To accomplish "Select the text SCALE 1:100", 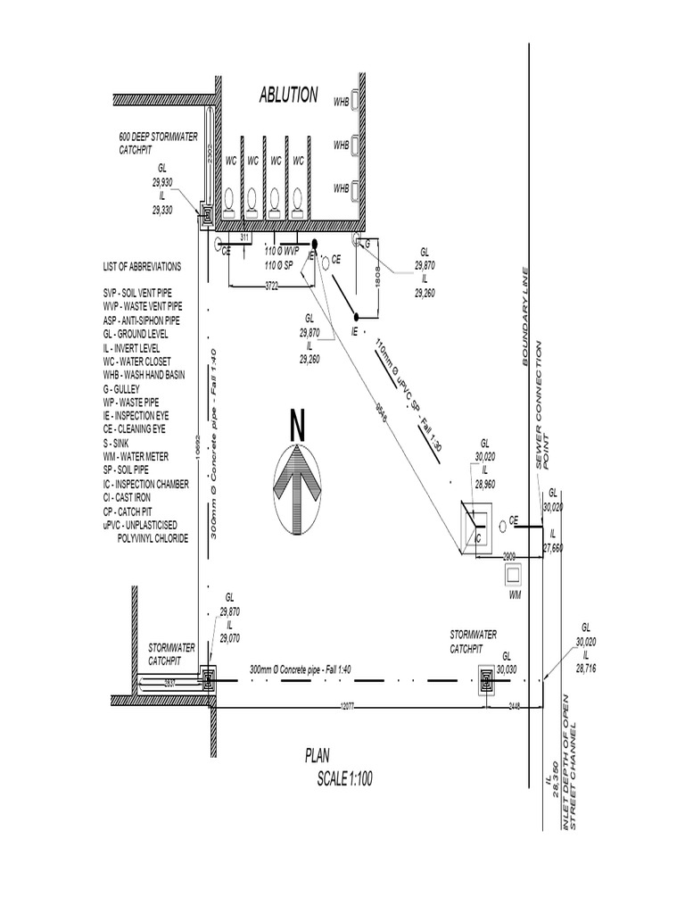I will [x=344, y=779].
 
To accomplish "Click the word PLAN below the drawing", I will [x=318, y=756].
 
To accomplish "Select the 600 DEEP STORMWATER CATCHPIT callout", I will [x=159, y=144].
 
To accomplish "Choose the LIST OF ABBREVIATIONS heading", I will [x=142, y=267].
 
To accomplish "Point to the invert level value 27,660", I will [x=553, y=548].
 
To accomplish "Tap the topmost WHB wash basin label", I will [x=341, y=101].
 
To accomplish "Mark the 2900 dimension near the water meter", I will [x=509, y=555].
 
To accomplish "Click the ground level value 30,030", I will [x=507, y=669].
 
